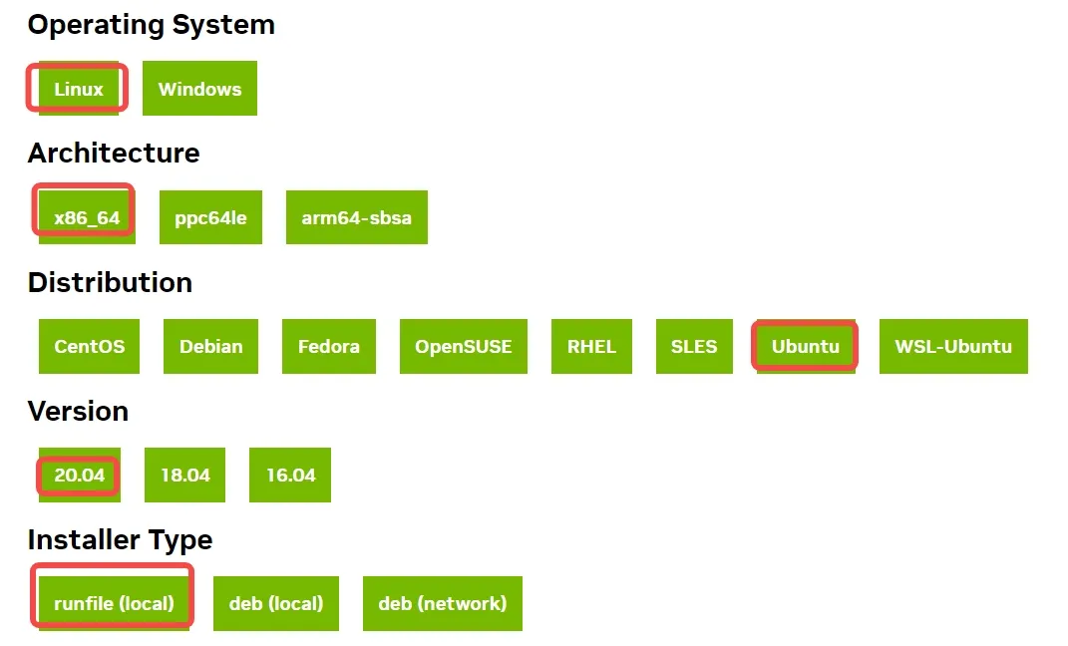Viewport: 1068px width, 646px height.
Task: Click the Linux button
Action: (x=79, y=89)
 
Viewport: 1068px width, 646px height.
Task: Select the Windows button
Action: (x=199, y=89)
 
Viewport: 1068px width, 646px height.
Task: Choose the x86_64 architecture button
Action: (x=87, y=217)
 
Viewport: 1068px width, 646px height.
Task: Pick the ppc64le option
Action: (x=210, y=217)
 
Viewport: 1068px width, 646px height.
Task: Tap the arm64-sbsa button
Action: (x=356, y=217)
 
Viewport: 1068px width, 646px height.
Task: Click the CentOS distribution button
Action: (x=90, y=346)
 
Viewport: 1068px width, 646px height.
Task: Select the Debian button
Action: (x=210, y=346)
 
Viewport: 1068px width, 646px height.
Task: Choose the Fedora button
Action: (x=328, y=346)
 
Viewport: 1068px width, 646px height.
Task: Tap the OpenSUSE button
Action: (x=463, y=346)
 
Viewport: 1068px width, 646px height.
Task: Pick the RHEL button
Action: (x=591, y=346)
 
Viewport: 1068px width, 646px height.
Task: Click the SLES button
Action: (x=694, y=346)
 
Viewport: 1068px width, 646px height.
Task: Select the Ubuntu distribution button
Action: (x=805, y=346)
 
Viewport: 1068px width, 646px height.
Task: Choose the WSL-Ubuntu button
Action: (x=953, y=346)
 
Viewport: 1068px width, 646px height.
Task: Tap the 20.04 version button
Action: (x=80, y=475)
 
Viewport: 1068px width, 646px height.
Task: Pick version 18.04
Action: (x=185, y=475)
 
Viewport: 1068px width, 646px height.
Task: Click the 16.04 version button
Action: (x=290, y=475)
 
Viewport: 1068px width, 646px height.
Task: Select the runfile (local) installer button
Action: (x=114, y=603)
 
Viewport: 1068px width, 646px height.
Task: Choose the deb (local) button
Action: (x=276, y=603)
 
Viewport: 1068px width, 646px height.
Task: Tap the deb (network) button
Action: (x=442, y=603)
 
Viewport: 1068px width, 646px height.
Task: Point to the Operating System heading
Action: (x=151, y=25)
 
